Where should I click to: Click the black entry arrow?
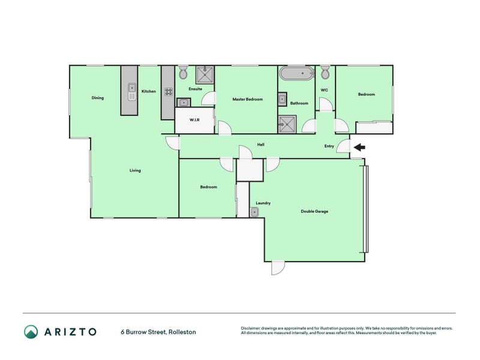click(359, 148)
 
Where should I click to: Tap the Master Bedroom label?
click(247, 99)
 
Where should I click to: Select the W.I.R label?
click(194, 119)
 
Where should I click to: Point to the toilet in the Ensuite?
click(184, 72)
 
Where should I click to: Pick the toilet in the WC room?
click(325, 72)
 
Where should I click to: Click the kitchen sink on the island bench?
click(132, 92)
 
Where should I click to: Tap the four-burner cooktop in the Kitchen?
click(169, 92)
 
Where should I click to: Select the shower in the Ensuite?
click(205, 74)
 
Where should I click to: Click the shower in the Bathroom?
click(287, 124)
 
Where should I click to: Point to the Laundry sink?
click(254, 212)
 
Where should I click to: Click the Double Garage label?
click(314, 211)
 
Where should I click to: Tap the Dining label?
click(98, 98)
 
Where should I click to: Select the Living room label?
click(135, 170)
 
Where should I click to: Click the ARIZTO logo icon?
click(31, 332)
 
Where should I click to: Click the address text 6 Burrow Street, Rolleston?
click(158, 332)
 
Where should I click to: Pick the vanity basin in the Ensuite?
click(184, 102)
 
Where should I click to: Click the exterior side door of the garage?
click(278, 268)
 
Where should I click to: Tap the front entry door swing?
click(343, 146)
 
